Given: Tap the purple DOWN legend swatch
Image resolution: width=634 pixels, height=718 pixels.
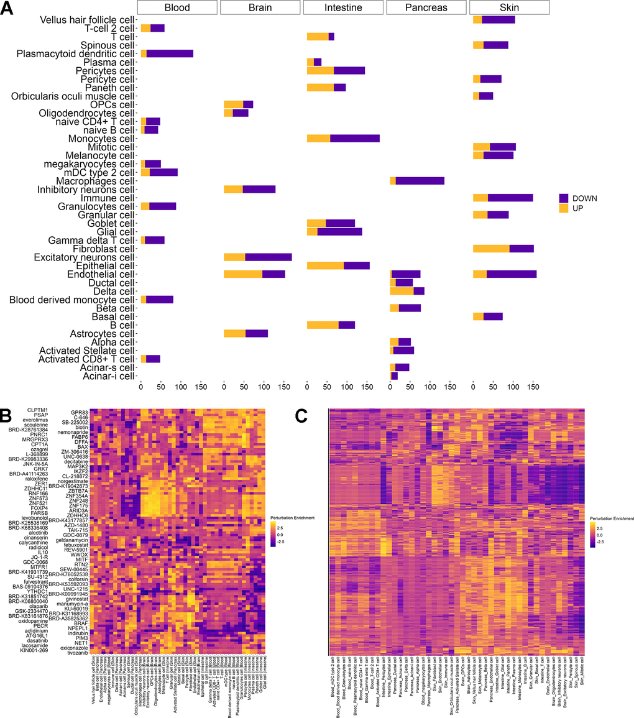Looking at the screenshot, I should [x=564, y=198].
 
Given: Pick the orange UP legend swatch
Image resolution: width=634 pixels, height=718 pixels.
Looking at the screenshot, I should [x=564, y=209].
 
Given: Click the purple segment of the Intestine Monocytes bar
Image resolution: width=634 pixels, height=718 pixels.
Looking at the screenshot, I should [x=354, y=138].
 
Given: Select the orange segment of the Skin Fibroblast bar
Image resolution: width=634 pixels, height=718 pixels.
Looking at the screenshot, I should [x=491, y=249].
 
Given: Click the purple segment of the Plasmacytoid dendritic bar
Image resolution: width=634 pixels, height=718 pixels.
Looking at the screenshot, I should [x=170, y=53].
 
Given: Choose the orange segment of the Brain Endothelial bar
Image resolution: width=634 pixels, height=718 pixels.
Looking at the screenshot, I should [x=243, y=274].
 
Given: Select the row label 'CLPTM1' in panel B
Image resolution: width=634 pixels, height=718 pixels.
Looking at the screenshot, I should [x=36, y=410].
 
